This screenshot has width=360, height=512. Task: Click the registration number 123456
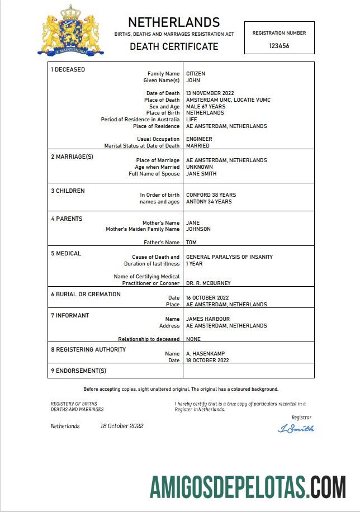(x=279, y=46)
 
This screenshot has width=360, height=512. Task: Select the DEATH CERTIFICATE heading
(x=174, y=46)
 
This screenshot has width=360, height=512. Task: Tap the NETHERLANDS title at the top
(x=174, y=22)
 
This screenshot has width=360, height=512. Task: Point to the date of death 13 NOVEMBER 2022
(x=210, y=93)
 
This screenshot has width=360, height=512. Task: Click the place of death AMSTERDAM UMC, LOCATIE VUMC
(x=228, y=100)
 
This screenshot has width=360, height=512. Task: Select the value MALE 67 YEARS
(x=206, y=107)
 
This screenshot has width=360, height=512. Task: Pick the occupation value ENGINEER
(x=199, y=139)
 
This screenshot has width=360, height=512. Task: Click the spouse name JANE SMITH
(x=201, y=174)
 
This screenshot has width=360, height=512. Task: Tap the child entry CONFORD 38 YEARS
(x=211, y=195)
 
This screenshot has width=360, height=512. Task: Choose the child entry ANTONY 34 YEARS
(x=209, y=202)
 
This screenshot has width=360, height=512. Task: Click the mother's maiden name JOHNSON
(x=199, y=229)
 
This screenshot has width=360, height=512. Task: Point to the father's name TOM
(x=191, y=243)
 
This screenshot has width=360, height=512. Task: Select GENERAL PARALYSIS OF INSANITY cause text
(x=229, y=257)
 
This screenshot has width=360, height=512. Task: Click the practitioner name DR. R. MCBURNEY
(x=208, y=283)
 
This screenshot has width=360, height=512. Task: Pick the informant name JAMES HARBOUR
(x=207, y=319)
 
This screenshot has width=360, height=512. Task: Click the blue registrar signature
(x=296, y=429)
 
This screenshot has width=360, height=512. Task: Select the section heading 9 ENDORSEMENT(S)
(x=78, y=371)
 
